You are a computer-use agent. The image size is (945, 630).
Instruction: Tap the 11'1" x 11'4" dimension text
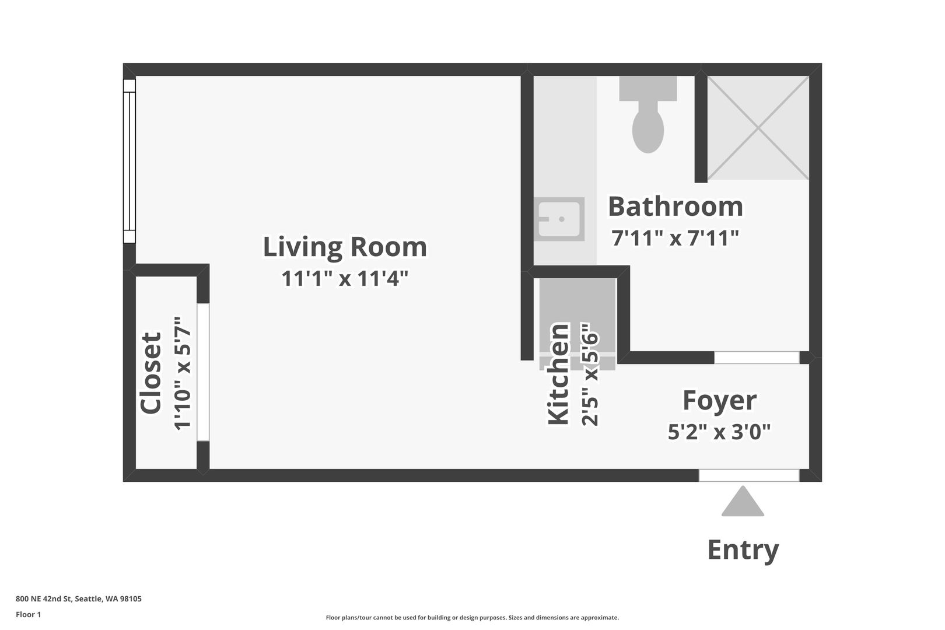(x=345, y=278)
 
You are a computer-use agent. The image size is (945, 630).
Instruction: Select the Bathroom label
(x=675, y=206)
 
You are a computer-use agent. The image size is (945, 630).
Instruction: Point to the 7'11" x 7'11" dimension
(x=675, y=238)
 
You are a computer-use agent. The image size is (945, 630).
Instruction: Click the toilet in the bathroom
(x=648, y=114)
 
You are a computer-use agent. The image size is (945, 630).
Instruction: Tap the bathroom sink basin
(x=559, y=219)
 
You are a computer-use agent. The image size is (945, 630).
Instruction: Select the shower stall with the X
(x=758, y=127)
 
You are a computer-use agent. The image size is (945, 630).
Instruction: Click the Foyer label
(x=719, y=400)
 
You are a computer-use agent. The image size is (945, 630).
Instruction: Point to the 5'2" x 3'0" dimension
(x=719, y=432)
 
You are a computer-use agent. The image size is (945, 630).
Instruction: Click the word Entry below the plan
(x=743, y=550)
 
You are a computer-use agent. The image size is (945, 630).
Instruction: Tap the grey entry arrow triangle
(x=743, y=501)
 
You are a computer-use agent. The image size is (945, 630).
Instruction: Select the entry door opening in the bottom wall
(x=749, y=475)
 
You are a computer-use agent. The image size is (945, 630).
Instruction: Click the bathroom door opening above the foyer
(x=757, y=358)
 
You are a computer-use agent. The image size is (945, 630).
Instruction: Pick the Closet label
(x=150, y=373)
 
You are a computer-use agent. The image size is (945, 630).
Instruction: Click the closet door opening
(x=203, y=372)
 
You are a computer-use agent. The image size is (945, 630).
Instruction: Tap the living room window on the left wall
(x=129, y=161)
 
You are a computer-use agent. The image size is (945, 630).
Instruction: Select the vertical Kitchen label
(x=558, y=374)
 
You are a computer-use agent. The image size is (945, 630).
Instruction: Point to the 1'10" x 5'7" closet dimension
(x=183, y=373)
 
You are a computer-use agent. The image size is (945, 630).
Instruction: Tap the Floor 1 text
(x=28, y=614)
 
